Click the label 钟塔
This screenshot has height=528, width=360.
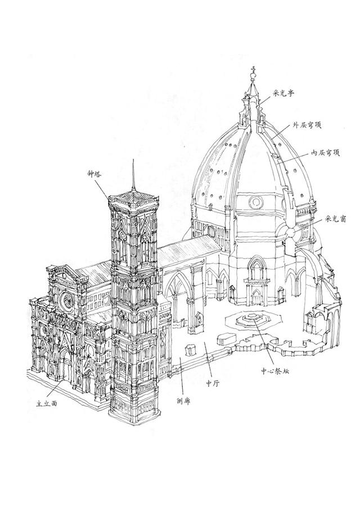coord(88,175)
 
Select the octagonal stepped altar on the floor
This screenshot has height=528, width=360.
coord(249,322)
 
